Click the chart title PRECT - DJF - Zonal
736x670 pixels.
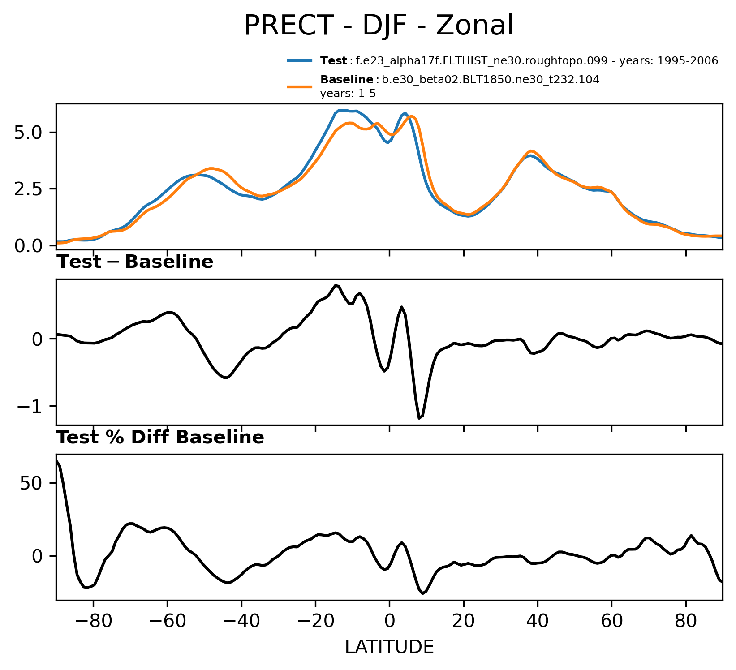[x=379, y=26]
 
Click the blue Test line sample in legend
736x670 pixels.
[x=300, y=61]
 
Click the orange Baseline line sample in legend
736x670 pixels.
[x=300, y=86]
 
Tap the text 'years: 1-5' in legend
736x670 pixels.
[x=348, y=94]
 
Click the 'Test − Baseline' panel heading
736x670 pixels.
[x=135, y=262]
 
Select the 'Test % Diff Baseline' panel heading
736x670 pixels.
[x=160, y=438]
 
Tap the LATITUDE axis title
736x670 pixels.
[x=389, y=647]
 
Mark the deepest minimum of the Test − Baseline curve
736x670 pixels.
[x=419, y=418]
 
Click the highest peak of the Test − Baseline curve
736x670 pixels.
[x=335, y=285]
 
